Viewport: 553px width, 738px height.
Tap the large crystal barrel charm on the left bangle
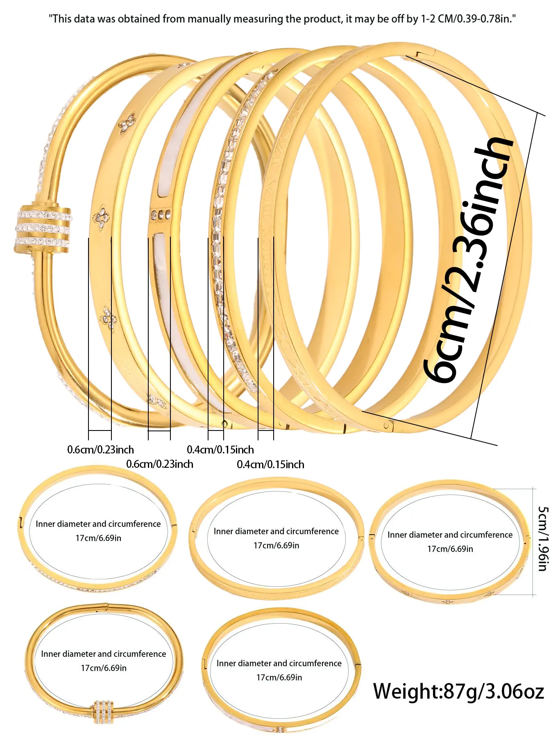pos(43,228)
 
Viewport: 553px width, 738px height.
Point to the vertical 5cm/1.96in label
pos(543,539)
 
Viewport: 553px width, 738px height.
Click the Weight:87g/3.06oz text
pos(458,691)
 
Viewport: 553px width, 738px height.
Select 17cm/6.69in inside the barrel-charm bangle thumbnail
pos(104,668)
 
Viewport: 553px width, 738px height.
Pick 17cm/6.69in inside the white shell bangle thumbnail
pos(279,677)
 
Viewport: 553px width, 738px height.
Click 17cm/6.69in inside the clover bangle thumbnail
pos(450,549)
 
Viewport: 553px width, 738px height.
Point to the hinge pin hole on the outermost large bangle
pos(386,426)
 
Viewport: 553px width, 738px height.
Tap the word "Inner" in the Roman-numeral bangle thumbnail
pos(224,531)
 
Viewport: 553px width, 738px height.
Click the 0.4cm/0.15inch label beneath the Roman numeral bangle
pos(270,465)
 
